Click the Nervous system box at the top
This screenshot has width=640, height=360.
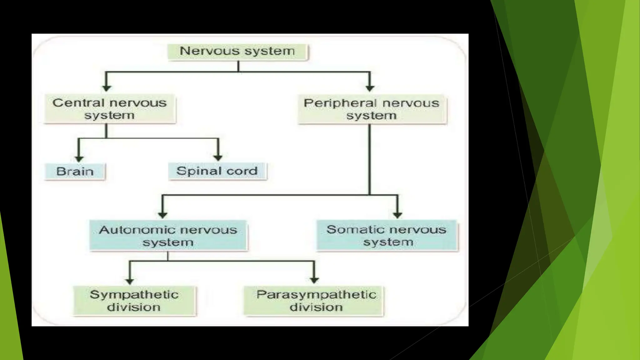pyautogui.click(x=237, y=52)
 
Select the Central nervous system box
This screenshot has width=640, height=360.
pyautogui.click(x=110, y=109)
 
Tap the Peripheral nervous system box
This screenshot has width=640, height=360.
pyautogui.click(x=372, y=109)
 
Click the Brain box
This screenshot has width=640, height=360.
pyautogui.click(x=75, y=171)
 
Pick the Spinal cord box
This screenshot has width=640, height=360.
pyautogui.click(x=217, y=171)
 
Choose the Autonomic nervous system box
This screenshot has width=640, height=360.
pyautogui.click(x=168, y=236)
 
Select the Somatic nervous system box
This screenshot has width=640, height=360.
pyautogui.click(x=387, y=235)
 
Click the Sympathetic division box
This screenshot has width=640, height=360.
pyautogui.click(x=134, y=301)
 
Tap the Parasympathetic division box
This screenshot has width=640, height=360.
pyautogui.click(x=313, y=301)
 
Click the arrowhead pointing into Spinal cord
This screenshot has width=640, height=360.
pyautogui.click(x=218, y=157)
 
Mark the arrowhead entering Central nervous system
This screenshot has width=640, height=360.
pyautogui.click(x=107, y=88)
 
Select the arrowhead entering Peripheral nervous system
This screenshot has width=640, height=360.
pyautogui.click(x=370, y=88)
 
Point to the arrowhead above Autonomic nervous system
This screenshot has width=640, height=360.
pyautogui.click(x=162, y=215)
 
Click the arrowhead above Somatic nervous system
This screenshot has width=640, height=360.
pyautogui.click(x=397, y=215)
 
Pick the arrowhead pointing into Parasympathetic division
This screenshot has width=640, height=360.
pyautogui.click(x=314, y=280)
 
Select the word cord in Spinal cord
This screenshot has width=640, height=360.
pyautogui.click(x=242, y=171)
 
